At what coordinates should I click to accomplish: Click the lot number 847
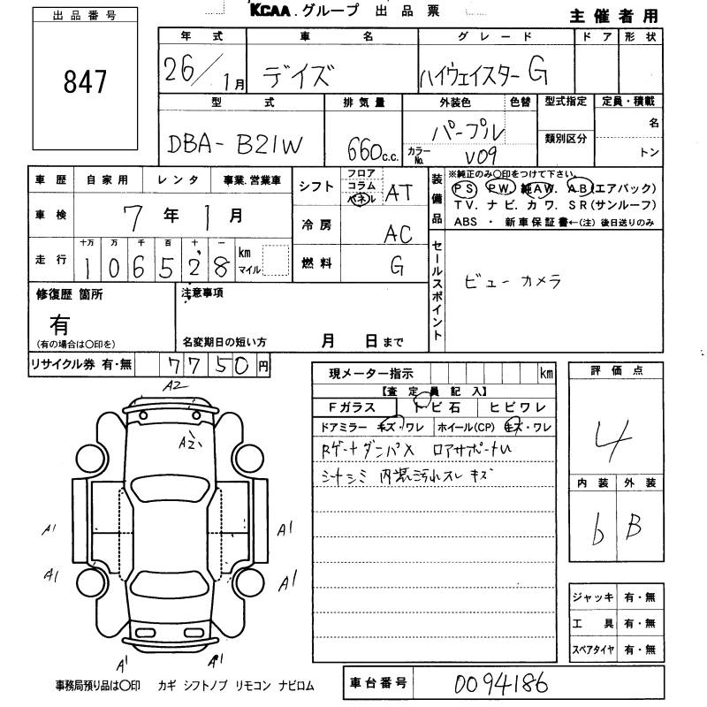[85, 82]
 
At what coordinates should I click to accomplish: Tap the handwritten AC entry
[399, 233]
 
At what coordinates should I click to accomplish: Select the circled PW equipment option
[498, 188]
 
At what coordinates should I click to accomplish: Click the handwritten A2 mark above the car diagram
[171, 386]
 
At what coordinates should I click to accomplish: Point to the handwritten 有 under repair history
[61, 323]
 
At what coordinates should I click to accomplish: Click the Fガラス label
[352, 407]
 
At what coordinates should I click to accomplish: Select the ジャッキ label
[591, 598]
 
